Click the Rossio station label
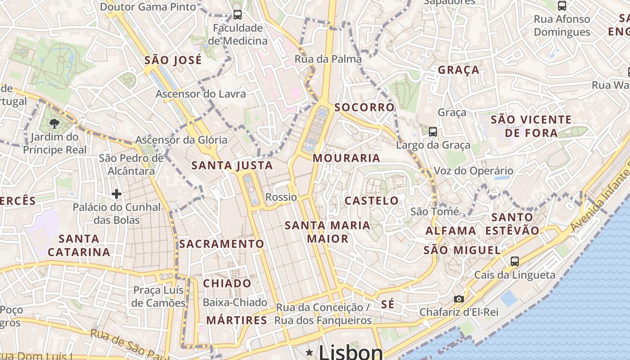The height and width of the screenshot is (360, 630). coord(281,197)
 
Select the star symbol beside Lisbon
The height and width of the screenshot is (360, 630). coord(310,352)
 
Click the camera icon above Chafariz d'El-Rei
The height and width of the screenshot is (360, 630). coord(459,299)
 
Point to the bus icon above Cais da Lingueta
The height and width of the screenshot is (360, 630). coord(514,261)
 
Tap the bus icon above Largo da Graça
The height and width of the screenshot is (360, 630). coord(432,132)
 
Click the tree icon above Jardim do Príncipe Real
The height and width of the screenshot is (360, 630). coord(54,123)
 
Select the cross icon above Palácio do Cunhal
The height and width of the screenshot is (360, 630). coord(117,194)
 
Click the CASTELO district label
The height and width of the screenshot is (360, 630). coord(372,201)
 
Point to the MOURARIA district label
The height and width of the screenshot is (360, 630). coord(346,158)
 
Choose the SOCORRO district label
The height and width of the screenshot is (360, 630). coord(364,107)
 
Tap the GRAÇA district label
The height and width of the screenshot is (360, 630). coord(459,70)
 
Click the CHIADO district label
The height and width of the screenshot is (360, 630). coord(227,283)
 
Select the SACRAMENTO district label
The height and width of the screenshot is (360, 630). coord(222,244)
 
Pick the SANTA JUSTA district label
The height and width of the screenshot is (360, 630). coord(232,166)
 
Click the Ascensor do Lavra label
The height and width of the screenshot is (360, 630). coord(201,94)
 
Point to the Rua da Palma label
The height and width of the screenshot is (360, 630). coord(328,59)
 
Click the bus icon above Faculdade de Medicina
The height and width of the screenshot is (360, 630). coord(237,15)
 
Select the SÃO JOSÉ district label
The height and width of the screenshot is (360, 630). coord(173,60)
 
